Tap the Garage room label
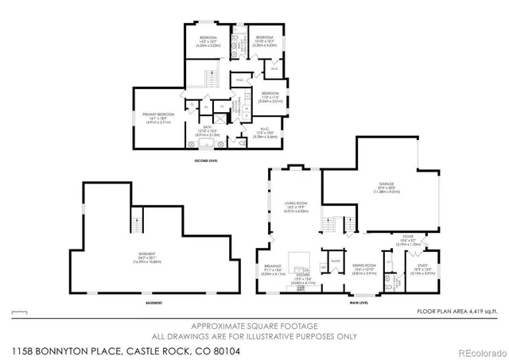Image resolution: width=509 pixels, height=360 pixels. pos(387,184)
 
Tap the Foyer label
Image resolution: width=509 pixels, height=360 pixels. pos(407,236)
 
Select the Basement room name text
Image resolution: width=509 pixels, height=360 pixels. pos(146,254)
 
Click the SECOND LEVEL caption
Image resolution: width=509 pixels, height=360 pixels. pos(206,161)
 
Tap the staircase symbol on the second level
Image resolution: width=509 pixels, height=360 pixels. pos(212,79)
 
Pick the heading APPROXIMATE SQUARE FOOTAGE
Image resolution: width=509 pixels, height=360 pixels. pos(254,327)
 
